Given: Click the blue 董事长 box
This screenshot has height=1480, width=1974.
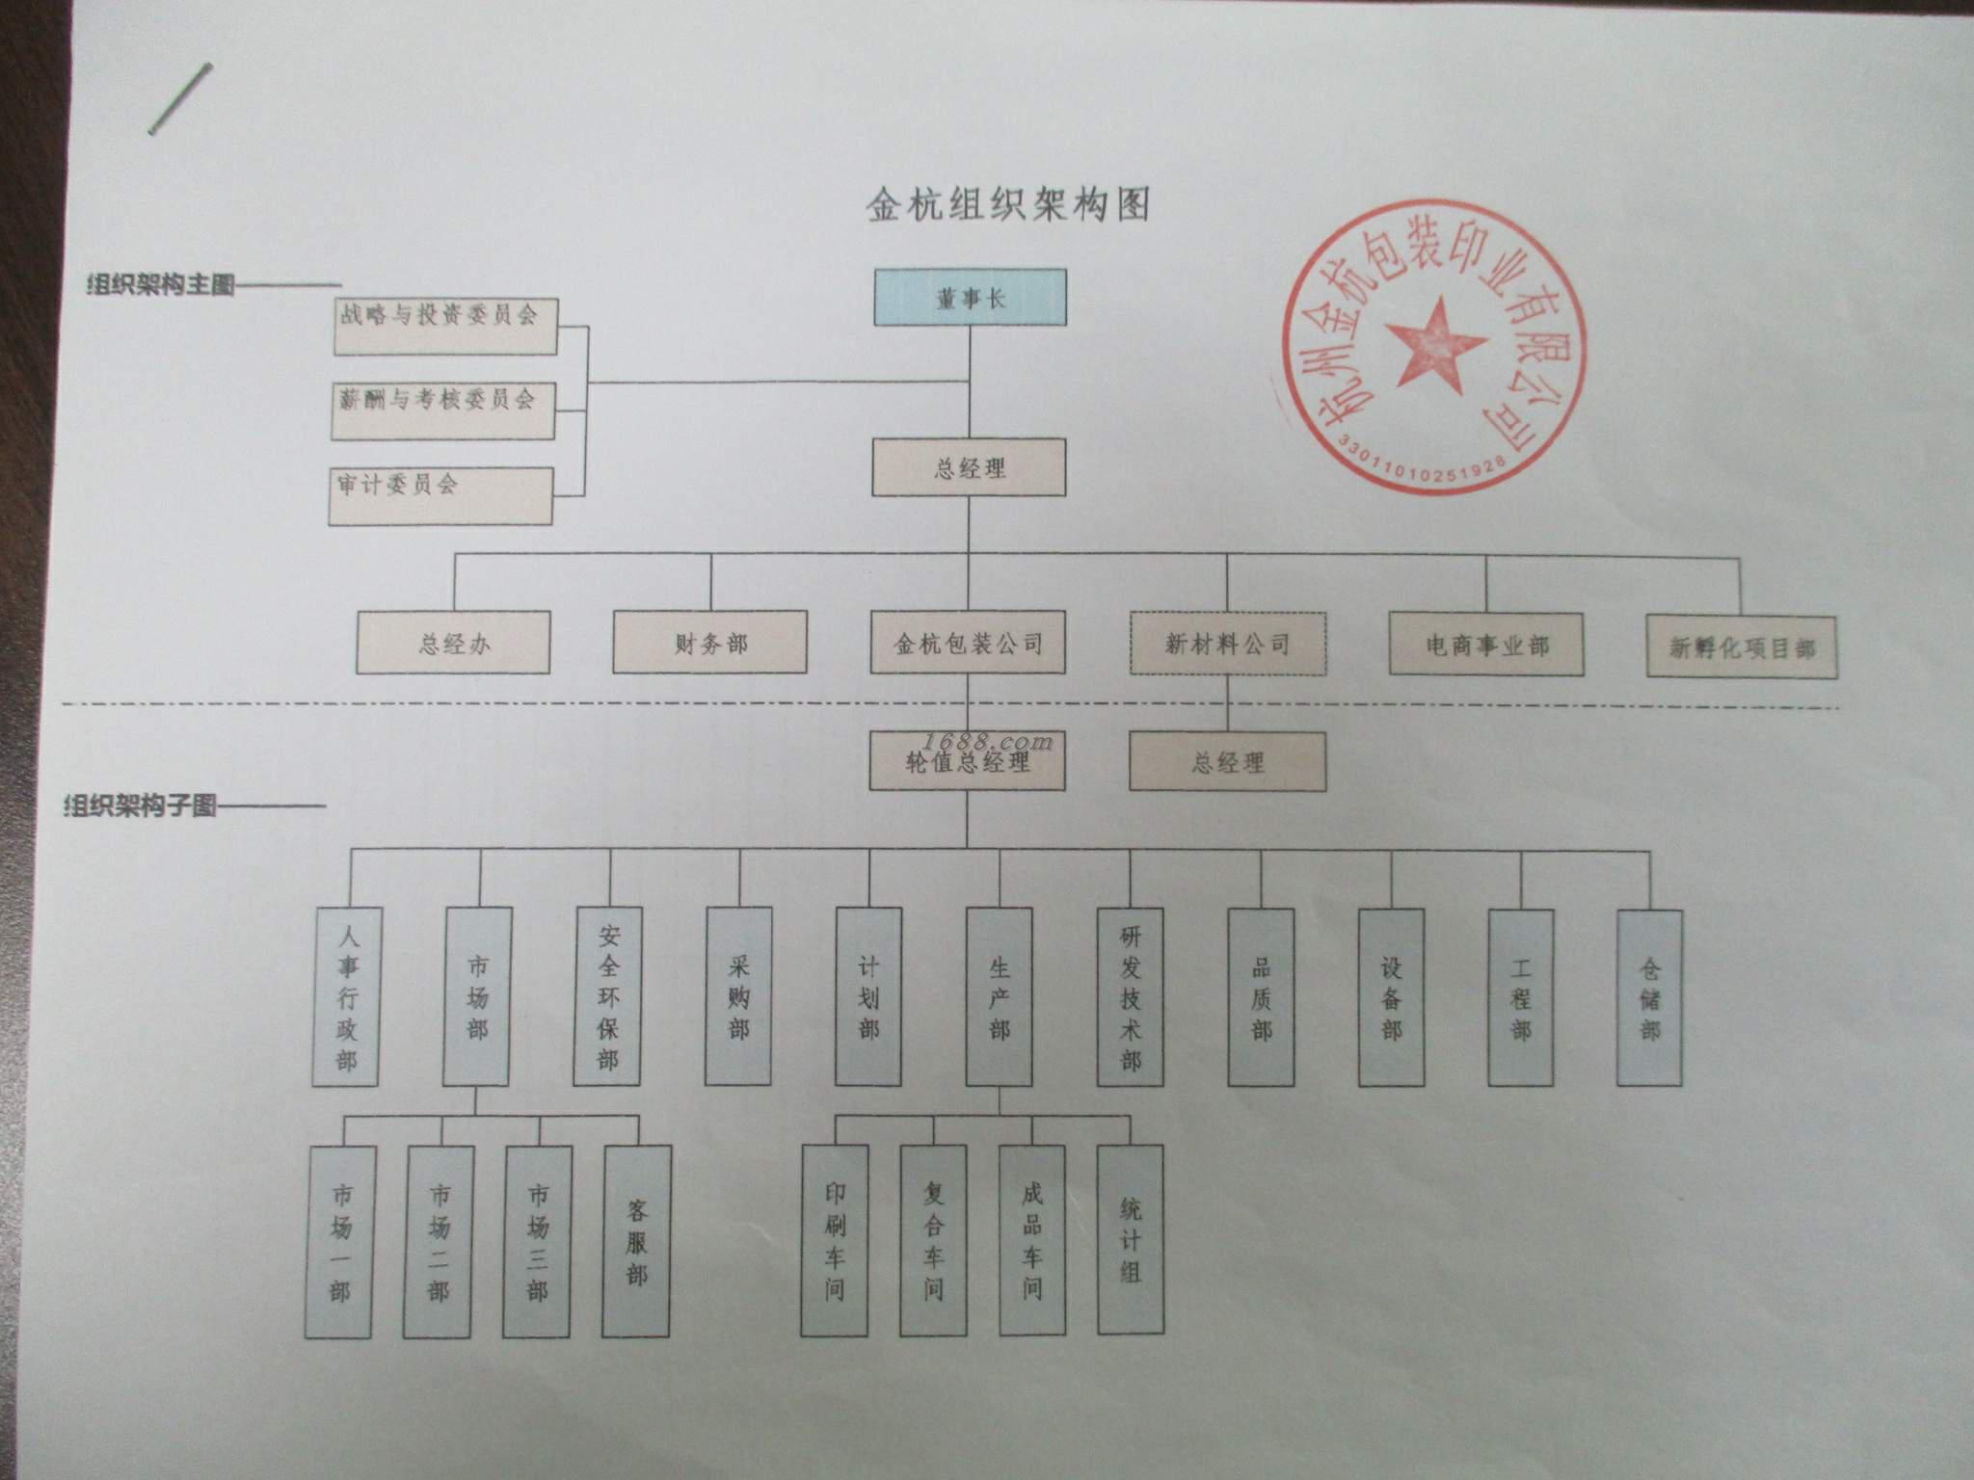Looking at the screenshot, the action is coord(970,298).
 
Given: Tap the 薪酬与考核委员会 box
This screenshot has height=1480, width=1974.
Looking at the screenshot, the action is coord(443,410).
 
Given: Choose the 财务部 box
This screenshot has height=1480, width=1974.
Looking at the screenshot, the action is coord(710,642).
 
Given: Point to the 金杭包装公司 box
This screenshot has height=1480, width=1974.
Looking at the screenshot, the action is coord(969,642).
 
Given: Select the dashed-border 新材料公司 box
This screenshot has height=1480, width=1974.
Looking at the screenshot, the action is coord(1227,644).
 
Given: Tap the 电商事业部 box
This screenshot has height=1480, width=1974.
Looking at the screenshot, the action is coord(1486,645).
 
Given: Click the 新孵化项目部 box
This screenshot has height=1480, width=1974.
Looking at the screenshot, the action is coord(1742,647).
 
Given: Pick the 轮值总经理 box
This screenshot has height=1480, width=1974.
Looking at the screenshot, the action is coord(968,761).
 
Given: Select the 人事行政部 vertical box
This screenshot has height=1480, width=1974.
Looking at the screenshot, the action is coord(346,996).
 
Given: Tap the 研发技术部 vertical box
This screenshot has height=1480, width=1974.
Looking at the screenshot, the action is coord(1131,997).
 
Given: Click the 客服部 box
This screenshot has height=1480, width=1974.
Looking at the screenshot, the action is coord(636,1240).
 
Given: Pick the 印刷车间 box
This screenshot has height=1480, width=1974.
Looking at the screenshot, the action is coord(835,1240).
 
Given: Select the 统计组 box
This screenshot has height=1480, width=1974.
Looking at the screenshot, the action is coord(1131,1239).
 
